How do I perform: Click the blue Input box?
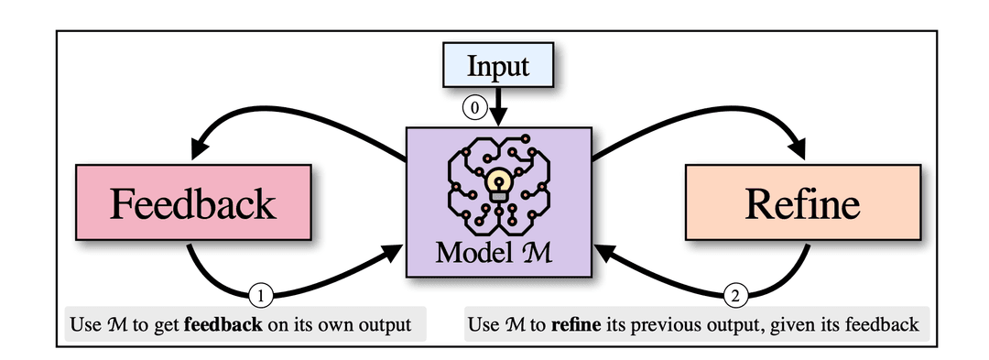[x=497, y=67]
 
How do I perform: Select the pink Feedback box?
[x=192, y=203]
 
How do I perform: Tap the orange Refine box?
[x=802, y=203]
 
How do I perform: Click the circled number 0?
[x=473, y=107]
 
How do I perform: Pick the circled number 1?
[x=261, y=296]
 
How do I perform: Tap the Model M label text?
[x=498, y=252]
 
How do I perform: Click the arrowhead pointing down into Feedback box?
[x=199, y=147]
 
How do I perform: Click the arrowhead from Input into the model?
[x=498, y=117]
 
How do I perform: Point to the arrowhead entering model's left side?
[x=396, y=250]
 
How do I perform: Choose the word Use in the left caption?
[x=84, y=324]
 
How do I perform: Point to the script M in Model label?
[x=547, y=252]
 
